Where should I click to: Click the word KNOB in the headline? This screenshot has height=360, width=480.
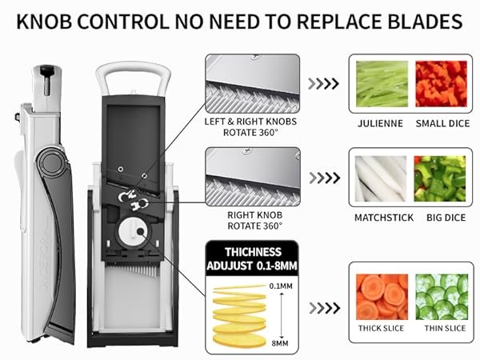coord(44,22)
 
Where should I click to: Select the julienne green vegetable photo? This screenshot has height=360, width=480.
coord(382,84)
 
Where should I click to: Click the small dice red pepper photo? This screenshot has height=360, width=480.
coord(441,84)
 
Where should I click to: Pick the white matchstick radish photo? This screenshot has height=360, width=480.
coord(381,178)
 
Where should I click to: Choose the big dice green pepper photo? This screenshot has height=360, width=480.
coord(440,178)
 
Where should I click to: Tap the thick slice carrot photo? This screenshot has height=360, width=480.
coord(382,297)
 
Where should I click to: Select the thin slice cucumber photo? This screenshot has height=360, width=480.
coord(442,297)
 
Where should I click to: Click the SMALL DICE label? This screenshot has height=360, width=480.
coord(442,123)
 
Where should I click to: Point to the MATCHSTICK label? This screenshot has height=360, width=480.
coord(384,218)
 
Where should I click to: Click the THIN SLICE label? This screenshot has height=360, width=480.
coord(445,328)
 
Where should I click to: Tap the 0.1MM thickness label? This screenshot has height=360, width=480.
coord(281,286)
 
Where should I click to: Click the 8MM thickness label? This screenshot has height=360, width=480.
coord(280,343)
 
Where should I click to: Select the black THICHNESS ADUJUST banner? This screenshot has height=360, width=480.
coord(252,258)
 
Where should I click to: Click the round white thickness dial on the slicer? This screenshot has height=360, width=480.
coord(133,232)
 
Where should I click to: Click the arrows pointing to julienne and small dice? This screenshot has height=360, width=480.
coord(323,83)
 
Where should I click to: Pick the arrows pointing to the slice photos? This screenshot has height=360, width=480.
coord(325,308)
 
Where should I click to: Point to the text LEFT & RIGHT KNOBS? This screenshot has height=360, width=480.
coord(250,122)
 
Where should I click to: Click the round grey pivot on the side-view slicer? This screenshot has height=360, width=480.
coord(51,162)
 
